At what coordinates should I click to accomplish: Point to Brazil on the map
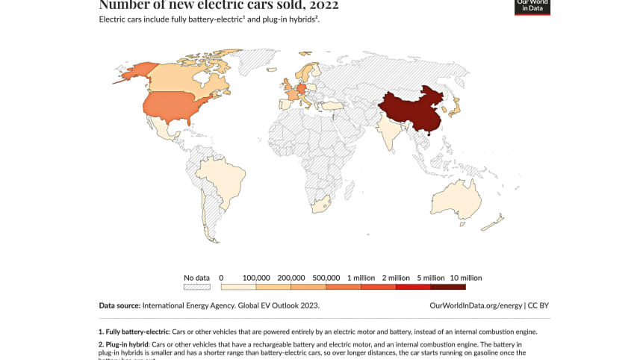(x=224, y=179)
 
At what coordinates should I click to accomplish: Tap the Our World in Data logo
(x=532, y=6)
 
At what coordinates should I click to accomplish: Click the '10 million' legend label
(x=465, y=278)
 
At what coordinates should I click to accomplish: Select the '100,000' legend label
(x=255, y=278)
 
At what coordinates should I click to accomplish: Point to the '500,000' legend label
(x=326, y=278)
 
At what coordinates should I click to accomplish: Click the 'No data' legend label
(x=197, y=278)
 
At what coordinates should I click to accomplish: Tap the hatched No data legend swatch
(x=197, y=286)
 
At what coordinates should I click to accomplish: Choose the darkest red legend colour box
(x=447, y=286)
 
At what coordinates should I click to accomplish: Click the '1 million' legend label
(x=361, y=278)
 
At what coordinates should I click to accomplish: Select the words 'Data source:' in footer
(x=119, y=305)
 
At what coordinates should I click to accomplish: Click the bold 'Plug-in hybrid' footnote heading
(x=124, y=343)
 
